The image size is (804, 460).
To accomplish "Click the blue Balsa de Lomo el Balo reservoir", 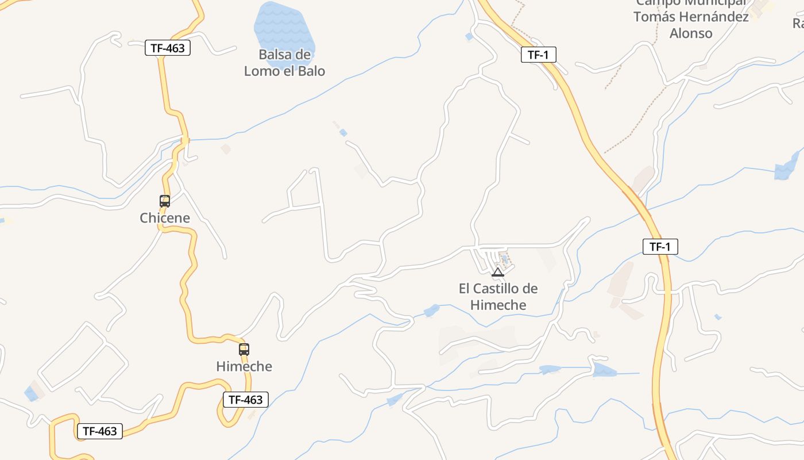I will click(284, 29).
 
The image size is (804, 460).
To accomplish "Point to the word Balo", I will click(311, 71).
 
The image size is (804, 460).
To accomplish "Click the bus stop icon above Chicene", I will click(165, 201).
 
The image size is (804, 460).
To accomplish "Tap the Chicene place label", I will click(165, 218).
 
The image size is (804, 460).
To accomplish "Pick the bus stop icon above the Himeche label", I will click(244, 349).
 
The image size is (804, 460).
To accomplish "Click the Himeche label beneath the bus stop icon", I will click(244, 366).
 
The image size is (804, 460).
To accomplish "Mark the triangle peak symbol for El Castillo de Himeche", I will click(498, 272).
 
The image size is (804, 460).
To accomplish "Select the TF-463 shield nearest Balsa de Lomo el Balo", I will click(167, 48).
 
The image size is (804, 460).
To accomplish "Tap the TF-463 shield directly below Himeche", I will click(246, 400).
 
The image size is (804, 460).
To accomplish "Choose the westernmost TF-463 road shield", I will click(100, 431).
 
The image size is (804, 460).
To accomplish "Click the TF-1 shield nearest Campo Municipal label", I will click(539, 55).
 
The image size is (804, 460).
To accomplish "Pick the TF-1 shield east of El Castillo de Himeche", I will click(660, 247).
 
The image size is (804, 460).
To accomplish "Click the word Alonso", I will click(691, 33).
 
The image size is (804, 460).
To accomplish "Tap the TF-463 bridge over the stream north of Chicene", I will click(185, 140).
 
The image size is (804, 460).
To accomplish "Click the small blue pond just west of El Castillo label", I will click(431, 310).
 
